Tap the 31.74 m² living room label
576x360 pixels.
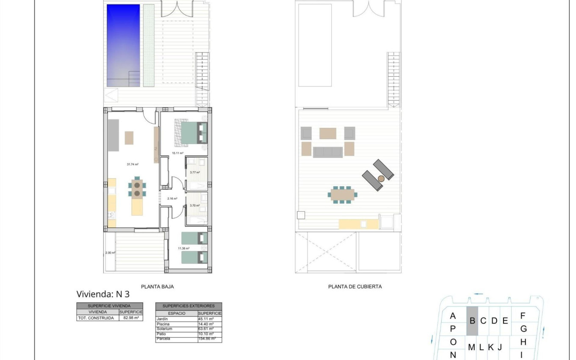[x=133, y=164]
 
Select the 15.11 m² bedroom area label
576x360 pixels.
[x=177, y=153]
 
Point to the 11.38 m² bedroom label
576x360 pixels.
[x=183, y=249]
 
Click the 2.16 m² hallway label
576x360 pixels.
[x=172, y=199]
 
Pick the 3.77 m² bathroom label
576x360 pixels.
[x=195, y=172]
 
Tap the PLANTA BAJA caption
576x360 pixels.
[x=157, y=287]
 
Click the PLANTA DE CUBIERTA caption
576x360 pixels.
[x=355, y=287]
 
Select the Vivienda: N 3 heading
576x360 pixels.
[x=103, y=294]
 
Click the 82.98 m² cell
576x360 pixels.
[x=130, y=318]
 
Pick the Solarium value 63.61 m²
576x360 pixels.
[x=206, y=329]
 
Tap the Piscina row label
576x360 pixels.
[x=163, y=324]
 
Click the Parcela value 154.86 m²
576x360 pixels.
[x=207, y=339]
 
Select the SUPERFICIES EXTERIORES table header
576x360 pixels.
[x=188, y=306]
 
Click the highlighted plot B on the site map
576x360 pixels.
[x=472, y=321]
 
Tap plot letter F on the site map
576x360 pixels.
[x=523, y=316]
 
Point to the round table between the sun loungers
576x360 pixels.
[x=381, y=179]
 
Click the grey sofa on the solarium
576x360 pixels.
[x=328, y=152]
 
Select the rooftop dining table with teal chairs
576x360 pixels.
[x=343, y=195]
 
